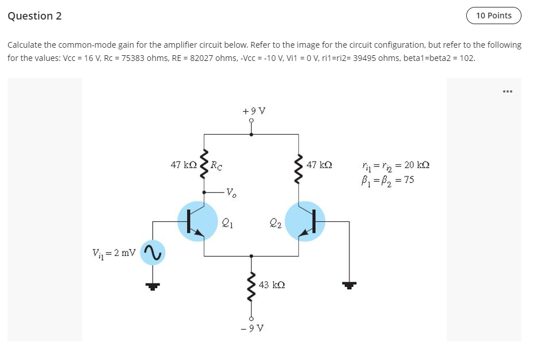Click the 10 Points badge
click(493, 16)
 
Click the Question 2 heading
click(35, 16)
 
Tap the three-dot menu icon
click(507, 91)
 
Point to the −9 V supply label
click(251, 328)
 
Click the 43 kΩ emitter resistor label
click(272, 285)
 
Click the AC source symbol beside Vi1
click(153, 252)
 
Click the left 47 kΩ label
click(184, 165)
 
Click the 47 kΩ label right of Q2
click(319, 165)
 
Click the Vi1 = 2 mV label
click(113, 252)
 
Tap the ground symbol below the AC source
click(153, 284)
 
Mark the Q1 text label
click(227, 221)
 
